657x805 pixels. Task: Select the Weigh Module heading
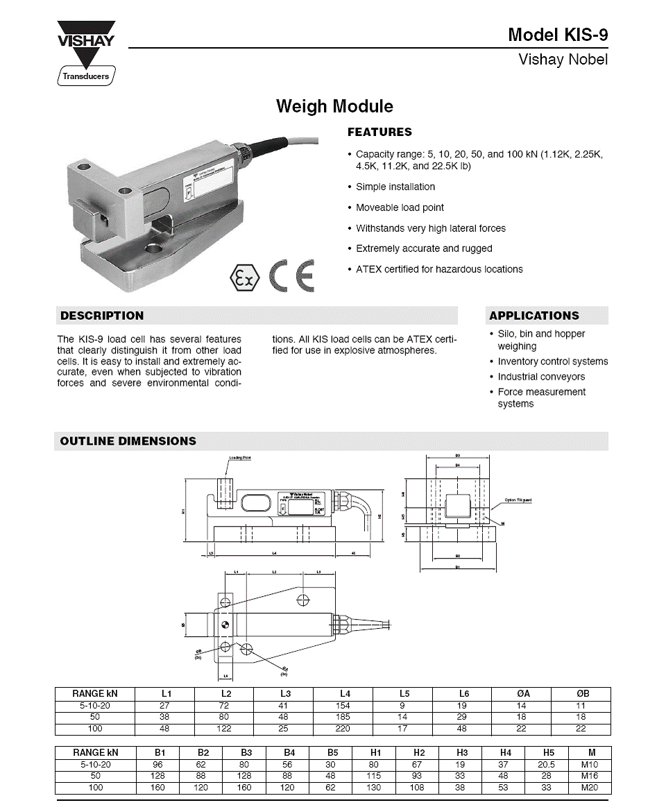pos(334,107)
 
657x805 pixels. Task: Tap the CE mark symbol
pos(292,276)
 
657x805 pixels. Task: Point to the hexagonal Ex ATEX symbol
pos(244,279)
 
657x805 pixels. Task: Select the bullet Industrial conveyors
pos(541,377)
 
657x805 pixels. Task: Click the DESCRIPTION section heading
pos(102,316)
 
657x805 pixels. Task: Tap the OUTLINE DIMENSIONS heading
pos(128,441)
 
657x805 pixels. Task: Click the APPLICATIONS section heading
pos(534,316)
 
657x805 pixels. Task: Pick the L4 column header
pos(345,693)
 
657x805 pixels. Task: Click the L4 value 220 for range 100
pos(343,729)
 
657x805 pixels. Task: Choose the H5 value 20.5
pos(546,764)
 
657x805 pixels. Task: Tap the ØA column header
pos(522,693)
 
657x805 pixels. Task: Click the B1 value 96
pos(160,764)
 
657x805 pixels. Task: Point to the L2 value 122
pos(225,729)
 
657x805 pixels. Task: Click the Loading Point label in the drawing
pos(239,458)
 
